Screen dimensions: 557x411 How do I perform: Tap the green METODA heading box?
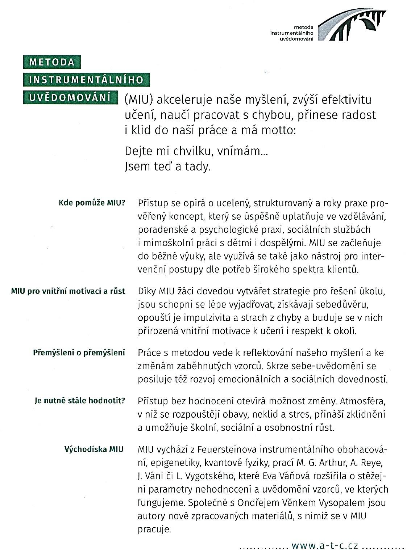coord(52,62)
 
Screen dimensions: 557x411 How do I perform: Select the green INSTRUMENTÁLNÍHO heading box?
coord(86,80)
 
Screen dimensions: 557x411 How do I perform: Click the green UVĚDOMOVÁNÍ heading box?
coord(70,97)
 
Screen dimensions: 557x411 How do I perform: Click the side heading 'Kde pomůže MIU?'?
coord(92,203)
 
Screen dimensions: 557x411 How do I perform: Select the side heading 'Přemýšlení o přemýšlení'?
coord(79,352)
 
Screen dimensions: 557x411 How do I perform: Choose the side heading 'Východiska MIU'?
coord(94,449)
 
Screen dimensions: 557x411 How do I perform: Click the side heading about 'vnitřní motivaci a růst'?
coord(68,291)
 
